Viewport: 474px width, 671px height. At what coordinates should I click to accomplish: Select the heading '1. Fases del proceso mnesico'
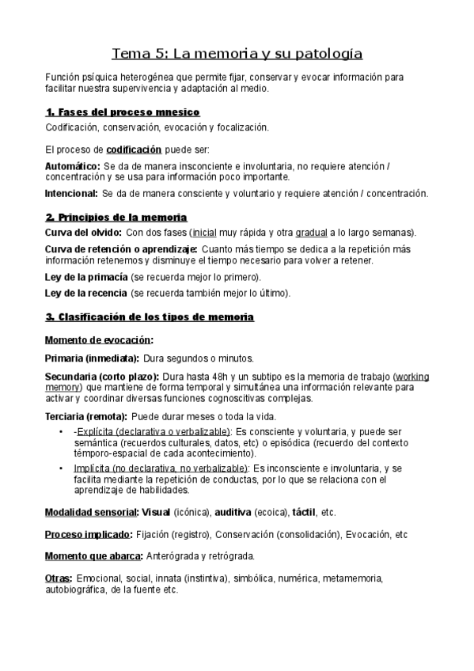click(123, 112)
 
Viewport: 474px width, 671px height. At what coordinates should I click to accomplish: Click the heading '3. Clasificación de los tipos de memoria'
click(150, 317)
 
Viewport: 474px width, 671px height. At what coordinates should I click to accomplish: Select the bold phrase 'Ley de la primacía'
click(86, 277)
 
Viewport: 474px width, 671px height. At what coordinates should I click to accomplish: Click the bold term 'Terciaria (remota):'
click(85, 416)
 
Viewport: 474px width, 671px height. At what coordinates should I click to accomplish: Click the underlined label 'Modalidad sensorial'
click(91, 512)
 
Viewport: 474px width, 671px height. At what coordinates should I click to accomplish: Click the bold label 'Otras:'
click(59, 578)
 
